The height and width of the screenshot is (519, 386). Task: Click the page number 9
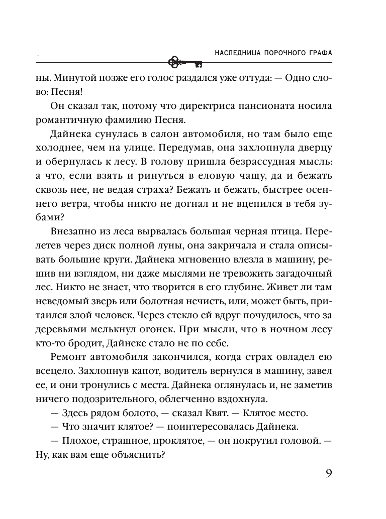(327, 474)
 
